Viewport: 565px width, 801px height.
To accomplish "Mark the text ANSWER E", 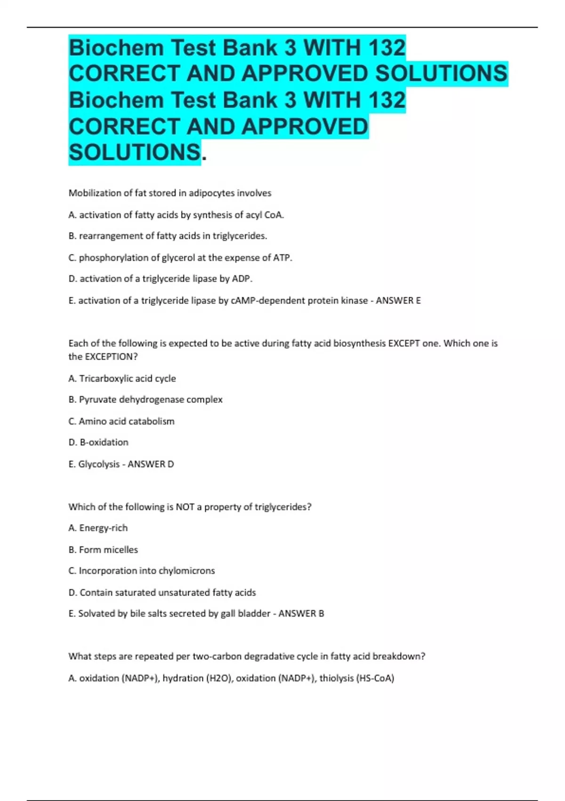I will click(398, 301).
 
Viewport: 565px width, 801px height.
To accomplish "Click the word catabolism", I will click(151, 421).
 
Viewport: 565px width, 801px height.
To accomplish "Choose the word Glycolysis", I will click(99, 464).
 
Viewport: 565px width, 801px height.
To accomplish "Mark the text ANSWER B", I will click(301, 613).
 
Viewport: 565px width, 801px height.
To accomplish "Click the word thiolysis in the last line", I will click(337, 678).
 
